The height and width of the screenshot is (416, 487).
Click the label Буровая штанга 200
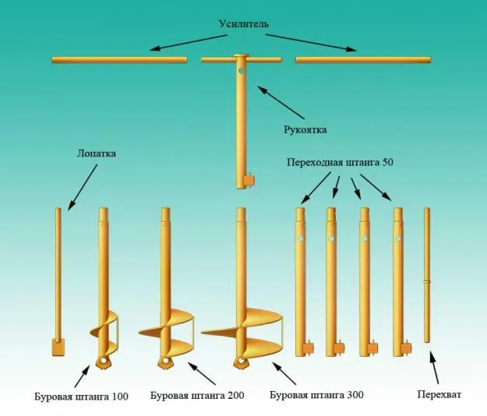(196, 396)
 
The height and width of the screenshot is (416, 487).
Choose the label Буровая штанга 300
(316, 396)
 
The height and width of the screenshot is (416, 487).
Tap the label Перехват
(439, 396)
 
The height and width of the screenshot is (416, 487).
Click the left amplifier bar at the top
(119, 59)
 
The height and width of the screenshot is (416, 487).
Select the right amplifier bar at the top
(362, 59)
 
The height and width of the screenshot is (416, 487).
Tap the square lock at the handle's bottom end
(249, 181)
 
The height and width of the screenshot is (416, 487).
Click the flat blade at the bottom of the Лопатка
(58, 347)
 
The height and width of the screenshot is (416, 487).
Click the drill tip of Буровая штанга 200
(164, 363)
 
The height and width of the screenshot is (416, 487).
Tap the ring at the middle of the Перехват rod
(427, 281)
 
